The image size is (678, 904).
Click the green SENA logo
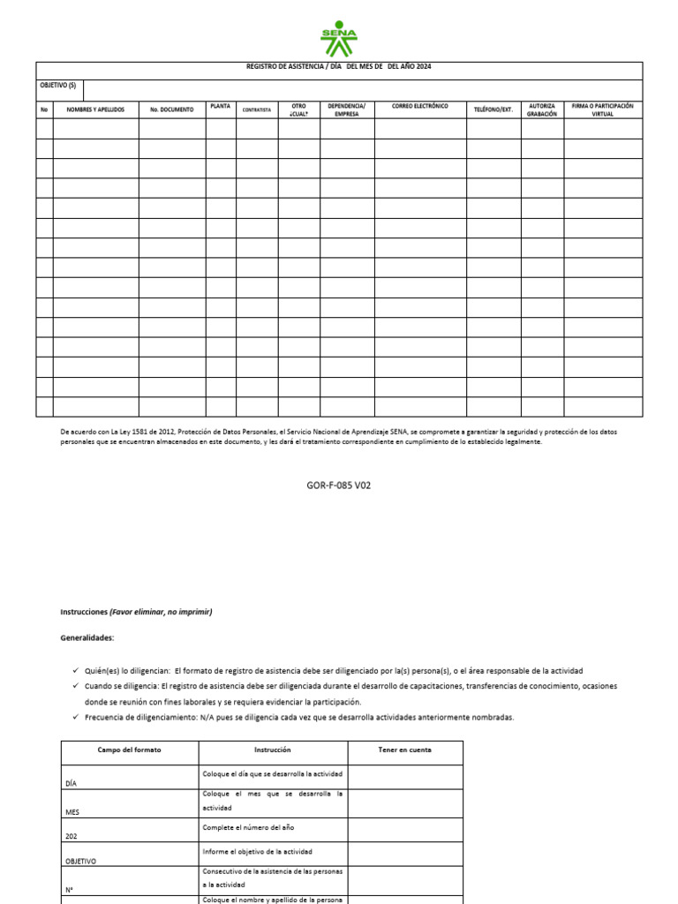[x=339, y=36]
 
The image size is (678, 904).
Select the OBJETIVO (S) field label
[x=59, y=86]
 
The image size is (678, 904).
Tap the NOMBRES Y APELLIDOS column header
[x=95, y=109]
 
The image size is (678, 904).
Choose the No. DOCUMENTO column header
[x=171, y=109]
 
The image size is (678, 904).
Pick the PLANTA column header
[x=221, y=106]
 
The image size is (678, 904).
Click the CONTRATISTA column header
[x=256, y=109]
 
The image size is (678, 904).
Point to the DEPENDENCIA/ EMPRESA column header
[x=346, y=109]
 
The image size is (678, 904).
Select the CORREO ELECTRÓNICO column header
[x=420, y=106]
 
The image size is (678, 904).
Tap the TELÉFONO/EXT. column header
[x=493, y=109]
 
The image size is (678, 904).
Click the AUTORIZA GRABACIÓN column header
[x=542, y=109]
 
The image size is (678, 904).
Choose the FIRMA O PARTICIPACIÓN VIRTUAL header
[x=603, y=109]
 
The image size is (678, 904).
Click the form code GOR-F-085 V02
[x=339, y=485]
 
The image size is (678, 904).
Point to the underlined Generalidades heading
[x=87, y=637]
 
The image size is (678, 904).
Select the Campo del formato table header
[x=130, y=750]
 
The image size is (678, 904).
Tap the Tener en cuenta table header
[x=404, y=750]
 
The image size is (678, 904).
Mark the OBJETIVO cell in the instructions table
[x=81, y=860]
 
